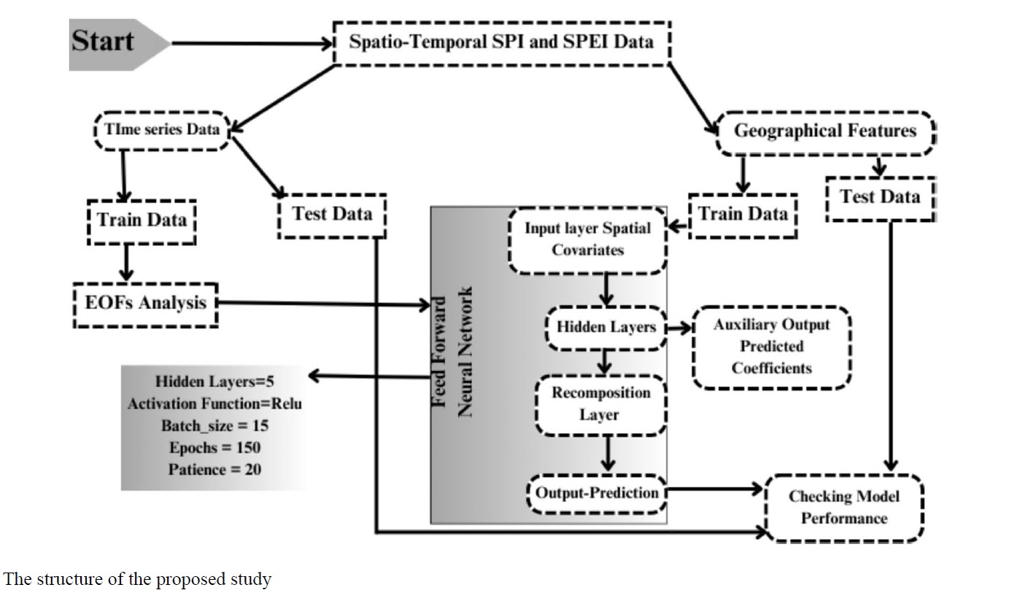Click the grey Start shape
(x=109, y=44)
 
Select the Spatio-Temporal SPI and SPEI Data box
(x=501, y=42)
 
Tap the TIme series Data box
(x=162, y=131)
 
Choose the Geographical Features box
(x=824, y=132)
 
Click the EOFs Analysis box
(x=146, y=302)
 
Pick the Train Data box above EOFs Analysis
(x=142, y=220)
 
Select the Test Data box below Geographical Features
(x=880, y=197)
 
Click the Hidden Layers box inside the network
(x=606, y=327)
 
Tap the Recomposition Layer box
(x=600, y=404)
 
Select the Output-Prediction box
(x=597, y=493)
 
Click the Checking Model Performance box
(x=844, y=508)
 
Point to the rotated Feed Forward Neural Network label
(x=452, y=352)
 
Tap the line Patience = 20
(x=214, y=470)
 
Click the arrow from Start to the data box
(x=251, y=43)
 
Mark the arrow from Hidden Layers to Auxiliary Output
(x=679, y=328)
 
